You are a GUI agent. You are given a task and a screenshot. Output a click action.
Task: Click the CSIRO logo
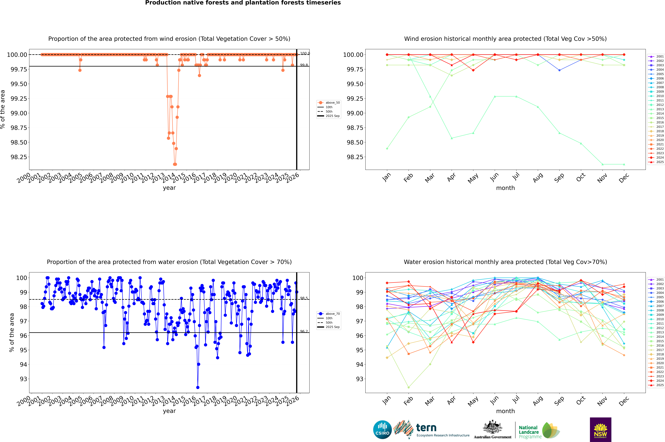[382, 430]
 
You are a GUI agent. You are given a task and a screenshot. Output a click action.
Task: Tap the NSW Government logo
[600, 430]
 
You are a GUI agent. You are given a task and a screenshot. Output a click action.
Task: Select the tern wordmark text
[426, 428]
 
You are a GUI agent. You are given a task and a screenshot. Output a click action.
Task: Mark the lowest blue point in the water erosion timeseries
[198, 387]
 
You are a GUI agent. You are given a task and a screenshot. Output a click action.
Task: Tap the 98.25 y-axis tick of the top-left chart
[19, 157]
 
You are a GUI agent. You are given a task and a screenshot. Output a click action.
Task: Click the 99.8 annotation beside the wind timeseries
[304, 65]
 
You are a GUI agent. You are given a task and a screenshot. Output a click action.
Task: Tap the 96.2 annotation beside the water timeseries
[304, 331]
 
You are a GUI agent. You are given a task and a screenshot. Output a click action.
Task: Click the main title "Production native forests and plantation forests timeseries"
[243, 3]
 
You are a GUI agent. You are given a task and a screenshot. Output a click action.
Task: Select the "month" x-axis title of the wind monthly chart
[505, 188]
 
